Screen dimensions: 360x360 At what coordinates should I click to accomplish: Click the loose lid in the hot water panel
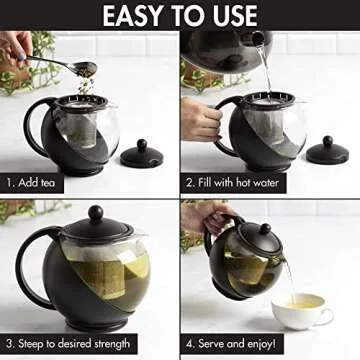point(326,151)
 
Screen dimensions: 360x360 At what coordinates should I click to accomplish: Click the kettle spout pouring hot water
point(257,38)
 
